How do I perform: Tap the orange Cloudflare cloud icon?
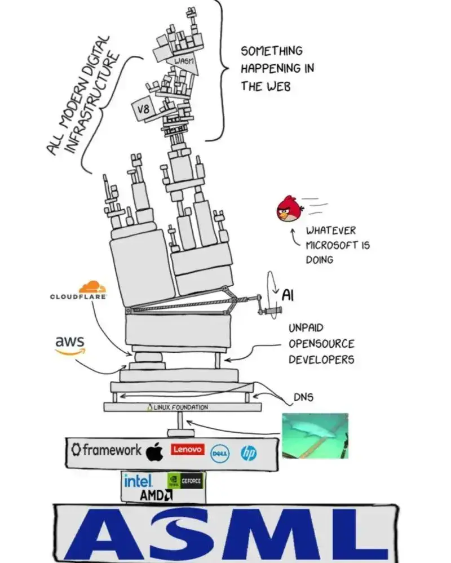[x=92, y=287]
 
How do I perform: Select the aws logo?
[x=70, y=345]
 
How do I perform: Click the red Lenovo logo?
[x=188, y=449]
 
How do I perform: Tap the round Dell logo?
[x=219, y=454]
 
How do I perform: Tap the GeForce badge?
[x=185, y=481]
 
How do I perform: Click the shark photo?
[x=315, y=436]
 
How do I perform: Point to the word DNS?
[x=303, y=397]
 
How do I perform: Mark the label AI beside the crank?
[x=288, y=295]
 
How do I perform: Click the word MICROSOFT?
[x=332, y=245]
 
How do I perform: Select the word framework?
[x=112, y=450]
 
